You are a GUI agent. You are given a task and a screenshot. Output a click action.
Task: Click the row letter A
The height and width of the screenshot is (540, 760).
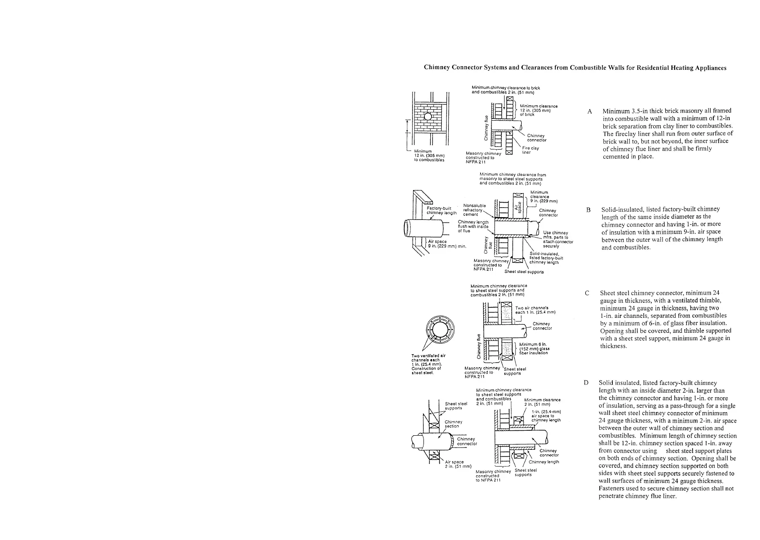590,111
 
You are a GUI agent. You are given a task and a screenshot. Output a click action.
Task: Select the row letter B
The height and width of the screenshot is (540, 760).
589,210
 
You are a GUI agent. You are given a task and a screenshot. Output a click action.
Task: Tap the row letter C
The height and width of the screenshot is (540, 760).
587,293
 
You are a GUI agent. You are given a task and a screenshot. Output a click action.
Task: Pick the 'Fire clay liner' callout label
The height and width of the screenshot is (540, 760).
530,150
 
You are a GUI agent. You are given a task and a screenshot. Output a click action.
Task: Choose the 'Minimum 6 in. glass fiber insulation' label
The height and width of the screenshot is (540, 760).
534,349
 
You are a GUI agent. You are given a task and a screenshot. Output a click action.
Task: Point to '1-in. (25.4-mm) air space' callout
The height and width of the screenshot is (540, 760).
546,416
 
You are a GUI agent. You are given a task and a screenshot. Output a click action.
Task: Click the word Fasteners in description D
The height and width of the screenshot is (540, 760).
612,489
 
